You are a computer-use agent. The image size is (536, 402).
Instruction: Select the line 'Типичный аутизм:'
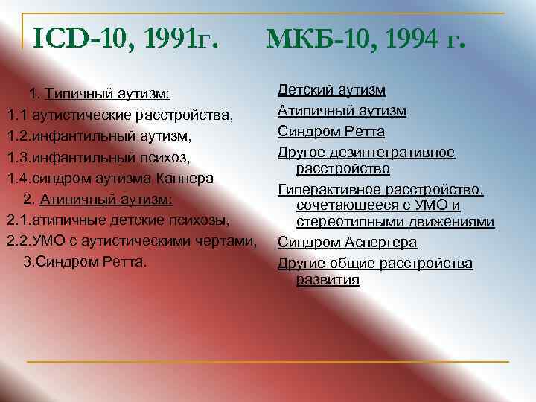107,95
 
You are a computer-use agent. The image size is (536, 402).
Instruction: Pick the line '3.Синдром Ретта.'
86,263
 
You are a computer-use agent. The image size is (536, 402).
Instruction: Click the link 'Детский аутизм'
331,90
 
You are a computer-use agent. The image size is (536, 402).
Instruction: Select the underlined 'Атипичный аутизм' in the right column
342,111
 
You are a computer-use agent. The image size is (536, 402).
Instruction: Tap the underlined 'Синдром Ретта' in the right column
331,132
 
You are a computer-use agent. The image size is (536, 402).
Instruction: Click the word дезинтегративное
403,153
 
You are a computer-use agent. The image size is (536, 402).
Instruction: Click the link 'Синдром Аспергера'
347,243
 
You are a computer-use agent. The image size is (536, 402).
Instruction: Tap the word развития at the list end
328,280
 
